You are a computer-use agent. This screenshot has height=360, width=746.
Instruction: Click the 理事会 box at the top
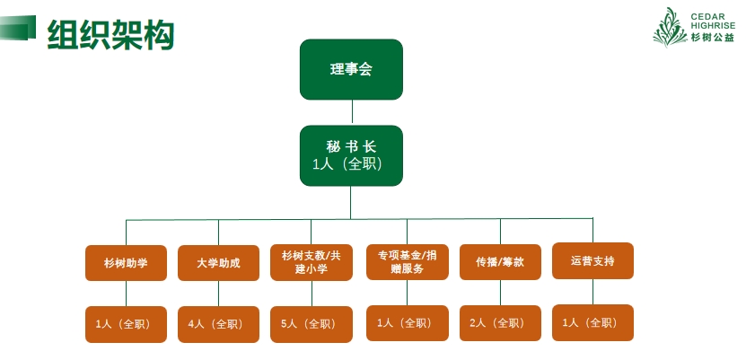pos(351,69)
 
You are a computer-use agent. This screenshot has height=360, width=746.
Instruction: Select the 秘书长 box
pos(351,155)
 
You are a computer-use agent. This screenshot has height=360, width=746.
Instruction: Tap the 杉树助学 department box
pos(126,263)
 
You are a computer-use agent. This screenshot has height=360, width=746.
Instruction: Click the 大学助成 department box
pos(218,263)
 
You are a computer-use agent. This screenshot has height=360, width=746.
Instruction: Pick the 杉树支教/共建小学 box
pos(312,262)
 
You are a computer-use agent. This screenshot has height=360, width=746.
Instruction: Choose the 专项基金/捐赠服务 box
pos(407,261)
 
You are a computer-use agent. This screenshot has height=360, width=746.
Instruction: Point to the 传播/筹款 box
pos(500,262)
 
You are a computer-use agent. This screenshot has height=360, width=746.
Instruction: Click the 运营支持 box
pos(592,261)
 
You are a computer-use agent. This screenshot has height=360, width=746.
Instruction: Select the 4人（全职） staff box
pos(218,324)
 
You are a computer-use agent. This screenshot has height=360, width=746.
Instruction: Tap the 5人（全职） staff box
pos(312,324)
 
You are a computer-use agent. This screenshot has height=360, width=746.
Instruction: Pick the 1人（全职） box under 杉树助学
pos(126,324)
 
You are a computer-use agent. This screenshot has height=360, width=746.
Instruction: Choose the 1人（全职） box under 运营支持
pos(592,322)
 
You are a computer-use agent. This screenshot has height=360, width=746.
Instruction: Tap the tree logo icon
pos(669,26)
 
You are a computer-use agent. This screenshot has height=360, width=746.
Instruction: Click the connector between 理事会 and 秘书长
pos(352,112)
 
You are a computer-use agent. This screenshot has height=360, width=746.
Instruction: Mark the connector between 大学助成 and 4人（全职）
pos(218,294)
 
